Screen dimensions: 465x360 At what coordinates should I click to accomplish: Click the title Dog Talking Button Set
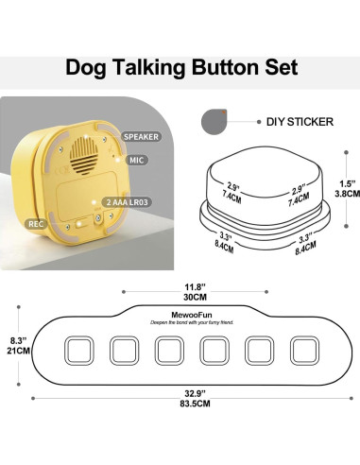[x=180, y=68]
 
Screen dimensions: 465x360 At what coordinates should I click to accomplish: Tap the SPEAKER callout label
[x=140, y=136]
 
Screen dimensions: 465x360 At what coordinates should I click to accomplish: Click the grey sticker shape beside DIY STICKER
[x=214, y=121]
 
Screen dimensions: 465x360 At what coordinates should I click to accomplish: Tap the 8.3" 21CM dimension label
[x=13, y=344]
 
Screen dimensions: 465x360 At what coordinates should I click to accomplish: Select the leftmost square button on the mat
[x=78, y=352]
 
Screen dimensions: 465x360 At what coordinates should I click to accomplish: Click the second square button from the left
[x=124, y=352]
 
